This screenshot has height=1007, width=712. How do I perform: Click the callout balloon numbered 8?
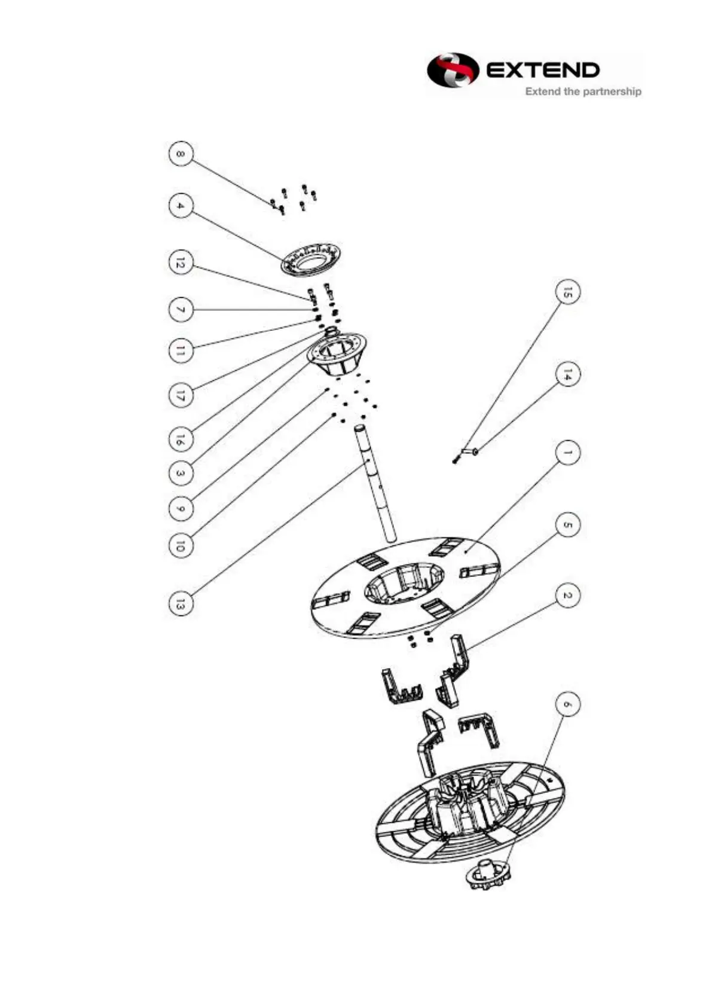pos(181,154)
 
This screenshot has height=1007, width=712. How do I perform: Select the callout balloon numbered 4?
pos(181,206)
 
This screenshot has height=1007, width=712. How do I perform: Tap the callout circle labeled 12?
pos(181,263)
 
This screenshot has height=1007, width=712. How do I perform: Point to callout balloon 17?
pos(181,395)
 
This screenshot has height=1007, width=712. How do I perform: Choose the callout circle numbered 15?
pos(567,292)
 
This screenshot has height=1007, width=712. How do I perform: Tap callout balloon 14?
pos(567,375)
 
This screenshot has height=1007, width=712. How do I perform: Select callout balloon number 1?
pos(567,453)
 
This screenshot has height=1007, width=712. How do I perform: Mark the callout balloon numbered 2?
pos(567,596)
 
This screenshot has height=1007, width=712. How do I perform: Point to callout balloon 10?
pos(181,545)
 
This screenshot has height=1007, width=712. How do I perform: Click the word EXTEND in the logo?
pos(543,71)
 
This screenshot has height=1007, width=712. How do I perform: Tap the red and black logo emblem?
pos(453,71)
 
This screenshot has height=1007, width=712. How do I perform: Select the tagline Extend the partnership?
pos(583,91)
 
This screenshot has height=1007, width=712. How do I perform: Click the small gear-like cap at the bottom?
pos(489,875)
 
